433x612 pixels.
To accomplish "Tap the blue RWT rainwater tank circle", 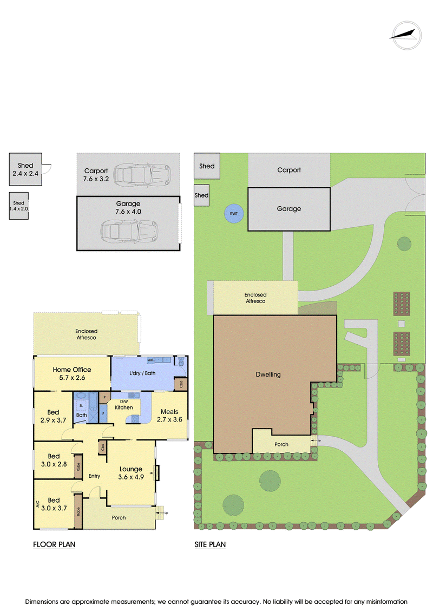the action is [x=234, y=214].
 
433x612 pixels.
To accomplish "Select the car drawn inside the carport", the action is [x=142, y=174].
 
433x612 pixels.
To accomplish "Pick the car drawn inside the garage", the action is [x=129, y=231].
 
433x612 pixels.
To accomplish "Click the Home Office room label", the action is [x=72, y=373].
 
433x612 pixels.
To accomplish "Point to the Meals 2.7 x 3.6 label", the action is [x=169, y=416].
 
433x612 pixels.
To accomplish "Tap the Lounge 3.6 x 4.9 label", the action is [x=131, y=472].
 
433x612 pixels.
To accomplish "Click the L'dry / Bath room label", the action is [x=142, y=373].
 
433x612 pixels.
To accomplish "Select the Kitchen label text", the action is [x=124, y=407].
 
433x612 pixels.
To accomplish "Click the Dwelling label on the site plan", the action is [x=268, y=374].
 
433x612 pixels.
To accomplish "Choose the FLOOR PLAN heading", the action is [x=54, y=544].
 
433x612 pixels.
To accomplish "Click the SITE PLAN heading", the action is [x=210, y=544].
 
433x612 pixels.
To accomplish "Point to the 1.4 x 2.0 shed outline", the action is [x=19, y=206].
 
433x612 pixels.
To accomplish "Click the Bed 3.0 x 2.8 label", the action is [x=54, y=460].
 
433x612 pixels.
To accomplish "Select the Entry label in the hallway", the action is [x=95, y=476].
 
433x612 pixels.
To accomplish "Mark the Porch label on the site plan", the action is [x=281, y=444].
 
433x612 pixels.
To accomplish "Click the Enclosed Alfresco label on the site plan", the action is [x=255, y=298].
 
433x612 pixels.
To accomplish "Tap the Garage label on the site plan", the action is [x=289, y=209].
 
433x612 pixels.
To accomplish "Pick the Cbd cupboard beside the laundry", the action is [x=181, y=384].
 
